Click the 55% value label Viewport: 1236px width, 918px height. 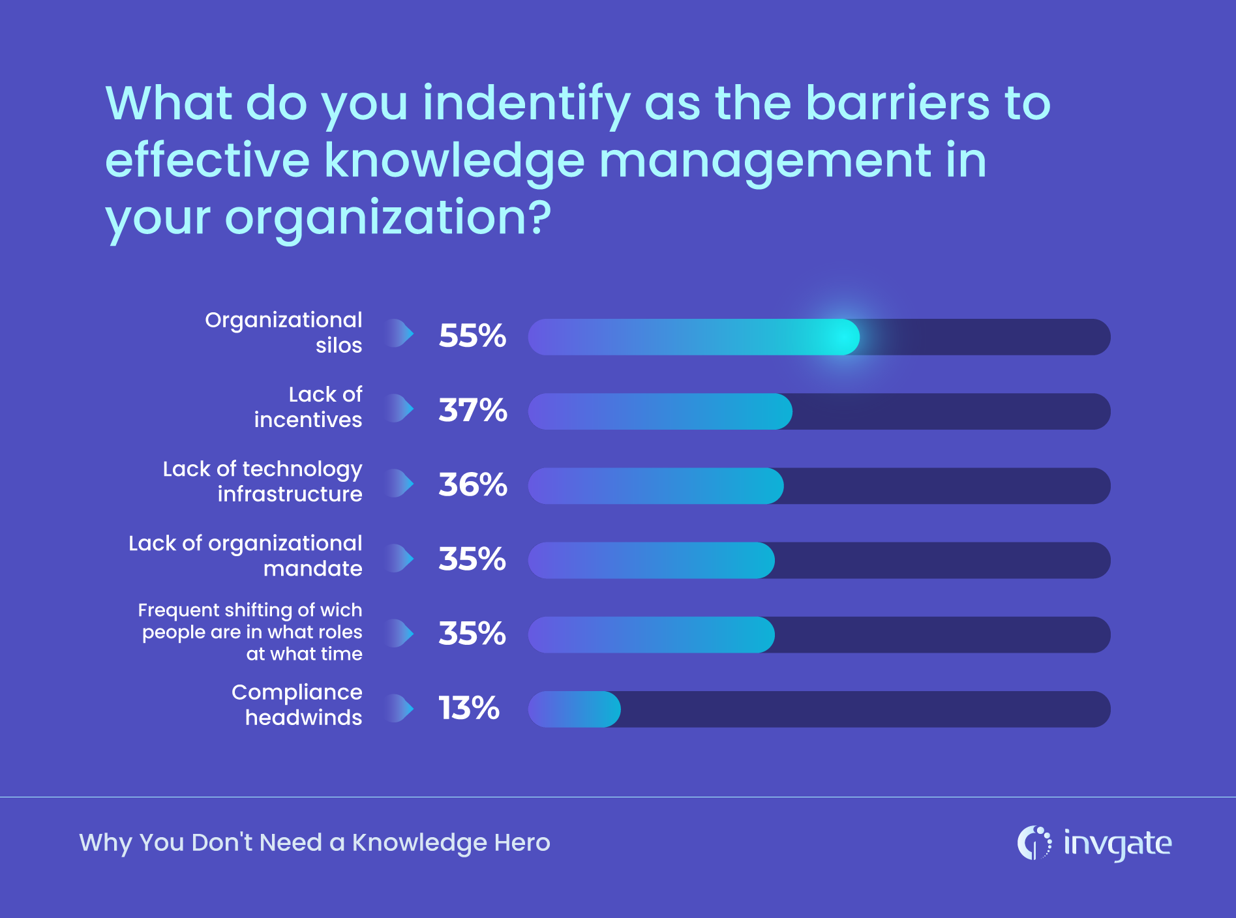click(472, 336)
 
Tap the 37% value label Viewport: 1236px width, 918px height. click(472, 410)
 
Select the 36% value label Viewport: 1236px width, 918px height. click(472, 484)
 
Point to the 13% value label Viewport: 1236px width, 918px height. click(468, 708)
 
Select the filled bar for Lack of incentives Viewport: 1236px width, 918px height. click(659, 411)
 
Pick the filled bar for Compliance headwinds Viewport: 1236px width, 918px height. click(574, 709)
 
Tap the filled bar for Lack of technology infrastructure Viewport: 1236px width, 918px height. click(655, 486)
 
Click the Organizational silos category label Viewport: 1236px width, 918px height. click(284, 333)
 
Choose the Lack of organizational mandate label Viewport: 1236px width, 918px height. click(245, 555)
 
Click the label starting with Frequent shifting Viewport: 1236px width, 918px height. click(250, 632)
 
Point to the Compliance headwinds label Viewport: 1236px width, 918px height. click(297, 705)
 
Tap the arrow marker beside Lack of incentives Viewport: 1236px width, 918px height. click(400, 409)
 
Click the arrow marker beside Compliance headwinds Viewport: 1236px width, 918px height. click(400, 708)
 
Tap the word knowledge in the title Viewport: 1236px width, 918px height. click(454, 160)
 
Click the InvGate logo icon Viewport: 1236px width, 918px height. click(1034, 843)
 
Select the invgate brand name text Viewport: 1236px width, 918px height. click(1117, 844)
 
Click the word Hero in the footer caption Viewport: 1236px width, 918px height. click(522, 842)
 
